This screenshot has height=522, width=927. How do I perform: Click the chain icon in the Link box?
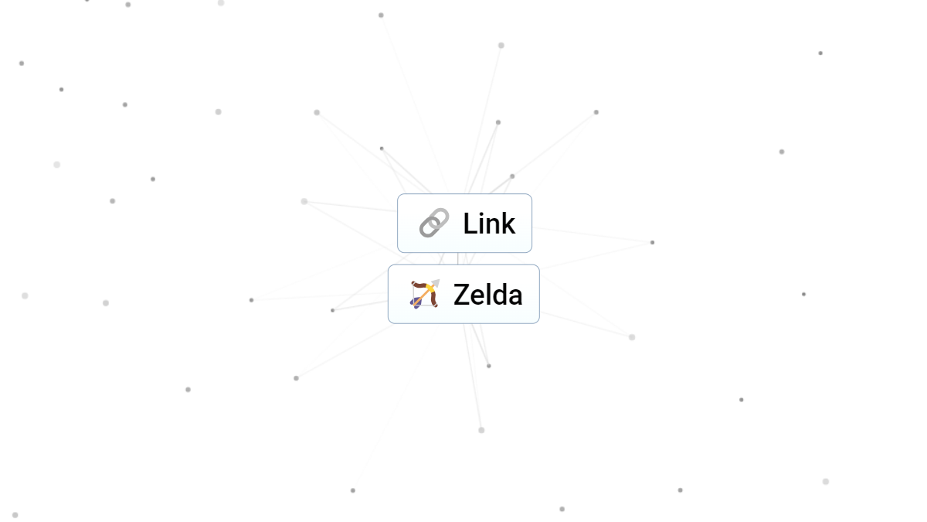coord(434,223)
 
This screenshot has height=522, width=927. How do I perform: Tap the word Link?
coord(489,223)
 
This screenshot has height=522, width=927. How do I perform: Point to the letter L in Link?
coord(470,223)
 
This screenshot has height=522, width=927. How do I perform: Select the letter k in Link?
coord(507,223)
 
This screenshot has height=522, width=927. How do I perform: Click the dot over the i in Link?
coord(484,214)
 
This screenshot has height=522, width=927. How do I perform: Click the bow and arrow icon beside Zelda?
coord(425,294)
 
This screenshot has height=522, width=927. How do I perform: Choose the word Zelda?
coord(488,295)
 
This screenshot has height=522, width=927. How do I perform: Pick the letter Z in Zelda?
coord(460,295)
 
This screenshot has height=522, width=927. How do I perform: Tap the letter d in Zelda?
coord(497,295)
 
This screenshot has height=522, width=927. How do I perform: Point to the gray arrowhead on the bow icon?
coord(436,283)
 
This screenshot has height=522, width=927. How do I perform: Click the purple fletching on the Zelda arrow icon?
coord(416,304)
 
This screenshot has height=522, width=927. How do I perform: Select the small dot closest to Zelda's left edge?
coord(332,310)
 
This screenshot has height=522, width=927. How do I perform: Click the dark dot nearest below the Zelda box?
coord(489,366)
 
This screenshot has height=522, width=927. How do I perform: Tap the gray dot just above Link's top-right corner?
coord(512,176)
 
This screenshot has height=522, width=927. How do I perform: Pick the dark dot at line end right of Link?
coord(652,242)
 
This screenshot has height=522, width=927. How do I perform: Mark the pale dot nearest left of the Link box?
coord(304,201)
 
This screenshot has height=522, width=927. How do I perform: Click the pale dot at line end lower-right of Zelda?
coord(632,337)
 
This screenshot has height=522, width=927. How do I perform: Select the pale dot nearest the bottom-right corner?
coord(826,481)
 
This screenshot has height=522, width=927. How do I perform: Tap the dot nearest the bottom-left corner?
coord(15,515)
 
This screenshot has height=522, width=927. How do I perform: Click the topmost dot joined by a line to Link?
coord(381,15)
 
